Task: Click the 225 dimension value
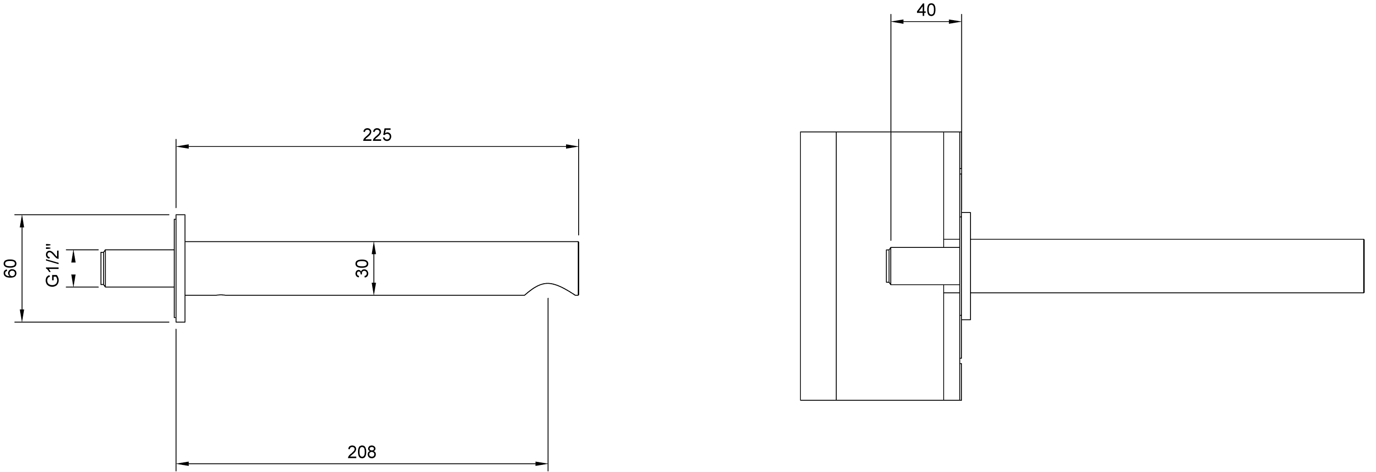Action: point(377,135)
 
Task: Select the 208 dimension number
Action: point(362,452)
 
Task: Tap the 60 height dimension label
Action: point(11,268)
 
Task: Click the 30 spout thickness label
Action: point(362,268)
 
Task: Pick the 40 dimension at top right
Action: point(926,10)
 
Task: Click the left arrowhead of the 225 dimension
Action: point(183,146)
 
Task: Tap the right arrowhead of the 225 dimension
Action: point(572,146)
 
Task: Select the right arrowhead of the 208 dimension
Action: point(542,463)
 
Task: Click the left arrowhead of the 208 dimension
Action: point(183,463)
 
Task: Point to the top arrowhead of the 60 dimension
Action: point(22,221)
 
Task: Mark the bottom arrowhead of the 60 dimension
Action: point(22,316)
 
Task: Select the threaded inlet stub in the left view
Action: point(137,269)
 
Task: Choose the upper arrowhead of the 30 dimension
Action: point(374,248)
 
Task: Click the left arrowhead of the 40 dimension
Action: point(897,22)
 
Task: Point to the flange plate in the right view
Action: point(966,266)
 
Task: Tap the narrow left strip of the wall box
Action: point(819,266)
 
